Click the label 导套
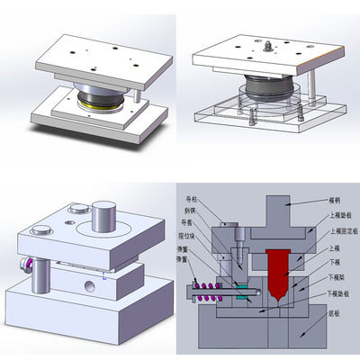[x=191, y=225]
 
